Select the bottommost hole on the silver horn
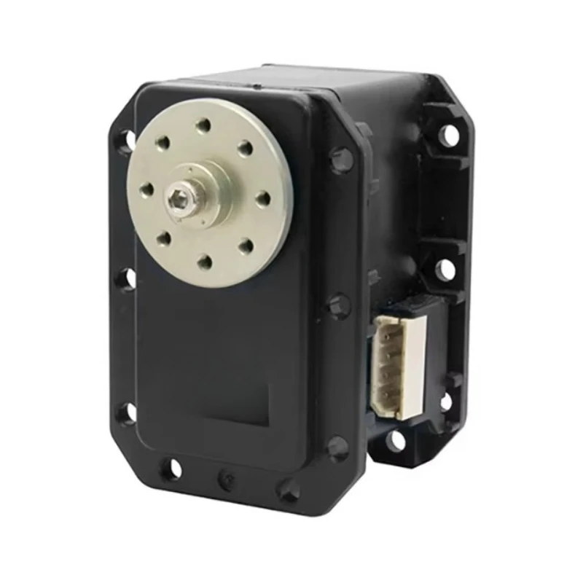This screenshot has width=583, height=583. tap(205, 260)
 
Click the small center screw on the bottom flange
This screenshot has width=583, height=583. tap(226, 479)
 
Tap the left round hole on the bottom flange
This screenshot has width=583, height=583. tap(171, 469)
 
